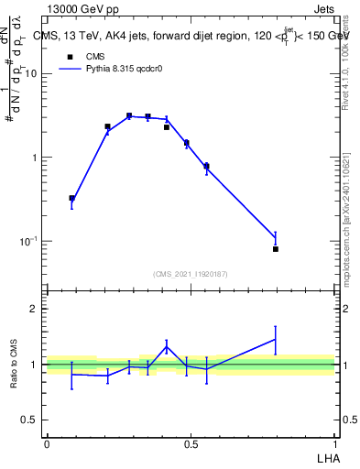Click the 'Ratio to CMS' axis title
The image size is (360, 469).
coord(14,364)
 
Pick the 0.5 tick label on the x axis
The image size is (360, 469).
coord(191,443)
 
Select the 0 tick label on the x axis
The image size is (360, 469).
coord(47,443)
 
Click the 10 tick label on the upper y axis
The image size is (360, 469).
coord(31,74)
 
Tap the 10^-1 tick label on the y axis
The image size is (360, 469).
coord(28,241)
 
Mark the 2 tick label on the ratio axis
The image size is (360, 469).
coord(34,309)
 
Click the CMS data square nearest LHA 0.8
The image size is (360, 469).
coord(275,249)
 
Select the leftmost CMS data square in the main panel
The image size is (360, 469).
coord(72,198)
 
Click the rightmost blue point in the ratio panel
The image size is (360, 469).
coord(275,339)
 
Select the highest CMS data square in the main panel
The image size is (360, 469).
coord(130,116)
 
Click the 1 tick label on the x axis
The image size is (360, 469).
coord(334,443)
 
